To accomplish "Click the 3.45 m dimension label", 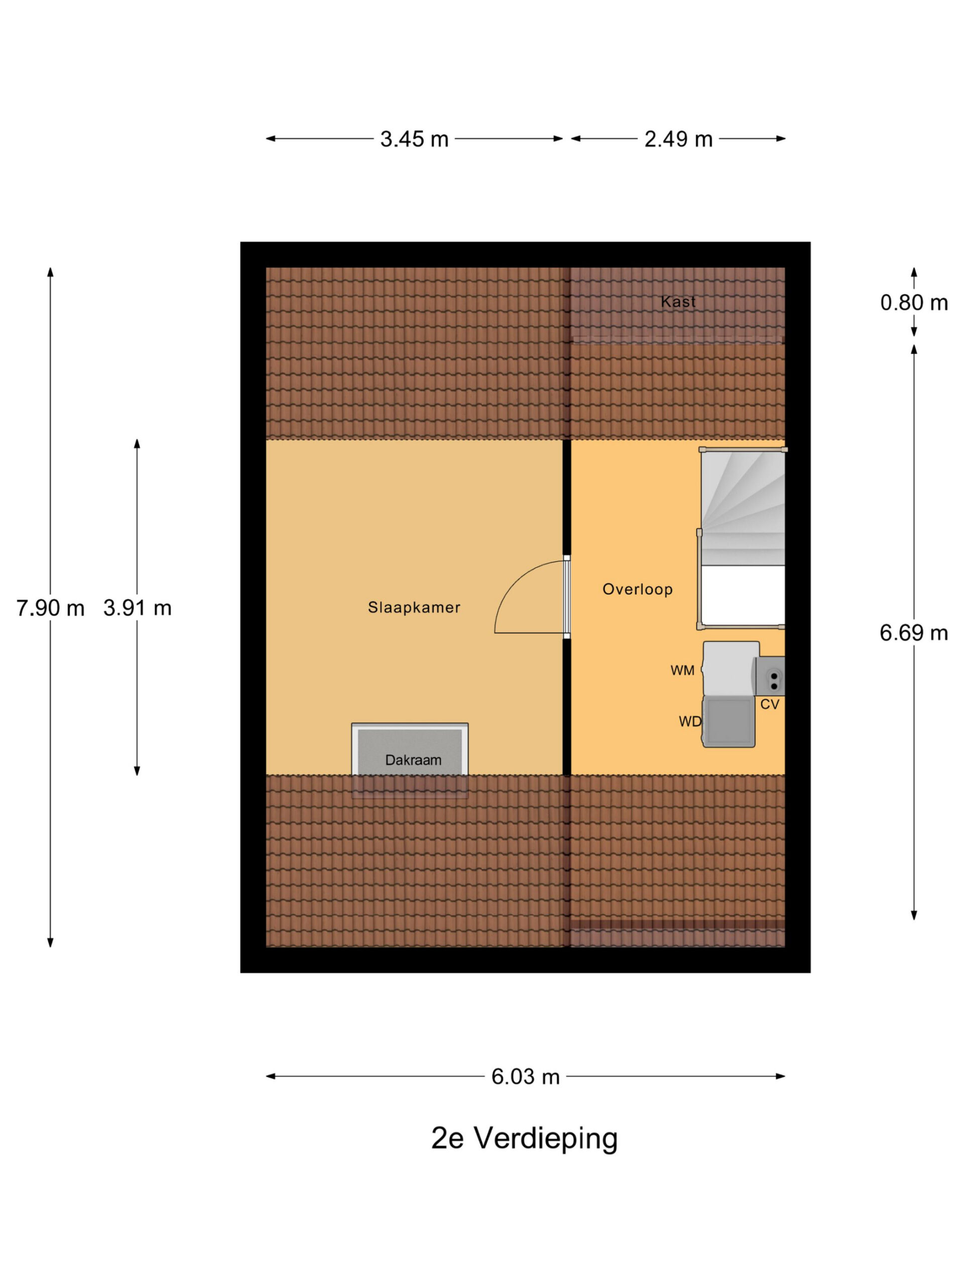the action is [x=414, y=139].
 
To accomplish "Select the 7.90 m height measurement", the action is [x=50, y=608].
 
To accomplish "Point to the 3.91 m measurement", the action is [x=137, y=608].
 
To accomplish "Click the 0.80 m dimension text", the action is [x=913, y=302].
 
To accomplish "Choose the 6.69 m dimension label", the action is [x=913, y=632].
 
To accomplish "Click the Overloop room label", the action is [x=638, y=589].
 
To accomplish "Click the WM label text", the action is [x=682, y=671].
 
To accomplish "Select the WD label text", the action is [x=690, y=721].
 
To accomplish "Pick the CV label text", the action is [x=769, y=704].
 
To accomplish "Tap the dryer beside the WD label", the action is [x=728, y=721].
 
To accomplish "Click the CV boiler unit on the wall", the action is [x=770, y=676].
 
